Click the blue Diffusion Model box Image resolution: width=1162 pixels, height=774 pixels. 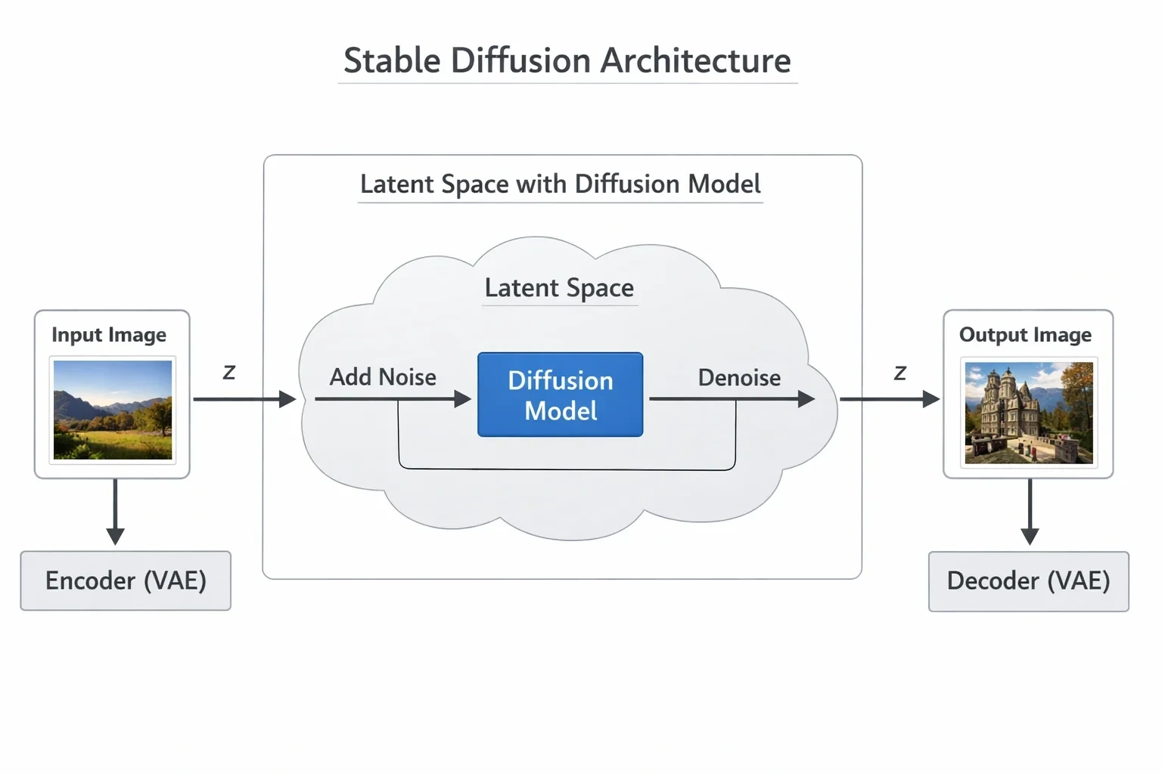pyautogui.click(x=561, y=395)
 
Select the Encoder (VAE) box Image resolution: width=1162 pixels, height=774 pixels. pyautogui.click(x=126, y=580)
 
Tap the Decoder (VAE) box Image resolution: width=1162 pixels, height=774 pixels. pyautogui.click(x=1029, y=581)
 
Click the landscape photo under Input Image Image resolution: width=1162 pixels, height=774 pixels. pyautogui.click(x=113, y=410)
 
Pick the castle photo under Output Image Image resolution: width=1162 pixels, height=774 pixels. pyautogui.click(x=1029, y=413)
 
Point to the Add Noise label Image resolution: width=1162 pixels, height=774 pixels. pyautogui.click(x=383, y=377)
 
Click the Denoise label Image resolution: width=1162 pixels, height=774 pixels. pyautogui.click(x=739, y=377)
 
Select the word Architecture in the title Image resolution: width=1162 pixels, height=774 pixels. pyautogui.click(x=696, y=60)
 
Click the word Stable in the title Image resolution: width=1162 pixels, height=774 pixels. pyautogui.click(x=392, y=60)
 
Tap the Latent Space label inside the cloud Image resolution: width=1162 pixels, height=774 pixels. pyautogui.click(x=559, y=288)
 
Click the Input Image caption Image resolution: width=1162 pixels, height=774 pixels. pyautogui.click(x=109, y=335)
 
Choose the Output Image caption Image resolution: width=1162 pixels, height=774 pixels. pyautogui.click(x=1025, y=335)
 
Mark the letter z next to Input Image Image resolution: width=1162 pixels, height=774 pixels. pyautogui.click(x=228, y=373)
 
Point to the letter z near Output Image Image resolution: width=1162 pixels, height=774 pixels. pyautogui.click(x=900, y=373)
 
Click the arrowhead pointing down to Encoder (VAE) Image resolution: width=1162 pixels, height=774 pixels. pyautogui.click(x=115, y=537)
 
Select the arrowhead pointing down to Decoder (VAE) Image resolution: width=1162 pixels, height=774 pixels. pyautogui.click(x=1030, y=537)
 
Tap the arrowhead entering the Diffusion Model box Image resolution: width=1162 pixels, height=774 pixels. pyautogui.click(x=463, y=399)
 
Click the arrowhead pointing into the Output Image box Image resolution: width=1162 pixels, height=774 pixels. pyautogui.click(x=932, y=399)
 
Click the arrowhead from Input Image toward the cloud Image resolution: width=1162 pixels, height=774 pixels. pyautogui.click(x=287, y=399)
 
